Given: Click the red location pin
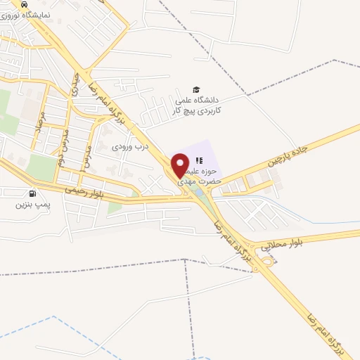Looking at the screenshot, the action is pyautogui.click(x=181, y=165).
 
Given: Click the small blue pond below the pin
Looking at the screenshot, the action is pyautogui.click(x=198, y=191).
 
